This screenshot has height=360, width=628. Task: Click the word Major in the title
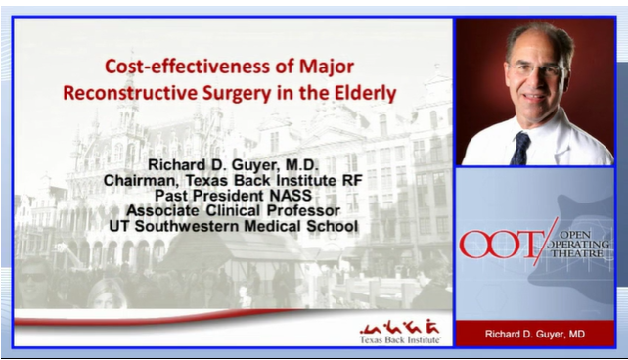click(x=326, y=69)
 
